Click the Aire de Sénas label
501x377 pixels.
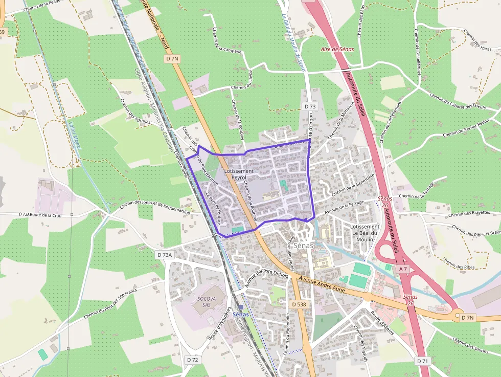click(336, 49)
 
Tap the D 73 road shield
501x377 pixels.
click(309, 106)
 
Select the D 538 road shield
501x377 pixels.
click(300, 304)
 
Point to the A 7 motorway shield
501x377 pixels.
click(403, 269)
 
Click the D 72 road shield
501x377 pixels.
click(192, 360)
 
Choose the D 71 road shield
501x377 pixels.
click(422, 361)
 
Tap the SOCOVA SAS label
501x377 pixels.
click(207, 301)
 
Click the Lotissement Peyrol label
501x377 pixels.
click(239, 174)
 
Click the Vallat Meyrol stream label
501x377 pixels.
click(74, 136)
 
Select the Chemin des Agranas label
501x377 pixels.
click(135, 112)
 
